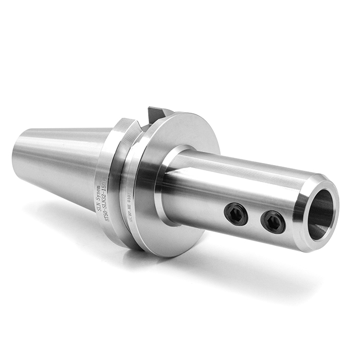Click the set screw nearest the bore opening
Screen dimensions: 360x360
pyautogui.click(x=272, y=222)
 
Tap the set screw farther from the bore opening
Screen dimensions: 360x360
pyautogui.click(x=236, y=213)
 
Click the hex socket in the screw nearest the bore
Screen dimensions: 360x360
pyautogui.click(x=272, y=222)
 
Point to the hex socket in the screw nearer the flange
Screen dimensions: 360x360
pyautogui.click(x=236, y=213)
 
